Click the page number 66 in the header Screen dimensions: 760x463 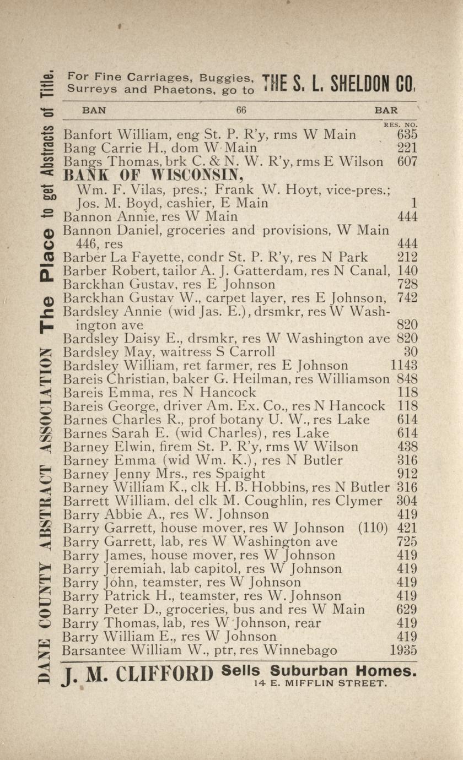pyautogui.click(x=241, y=110)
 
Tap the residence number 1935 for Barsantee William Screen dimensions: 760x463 pyautogui.click(x=403, y=650)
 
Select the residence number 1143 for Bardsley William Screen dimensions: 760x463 pyautogui.click(x=403, y=365)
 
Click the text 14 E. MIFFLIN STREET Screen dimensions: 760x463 pyautogui.click(x=321, y=684)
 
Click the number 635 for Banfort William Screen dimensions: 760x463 pyautogui.click(x=407, y=134)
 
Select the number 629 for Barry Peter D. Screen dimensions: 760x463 pyautogui.click(x=407, y=610)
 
